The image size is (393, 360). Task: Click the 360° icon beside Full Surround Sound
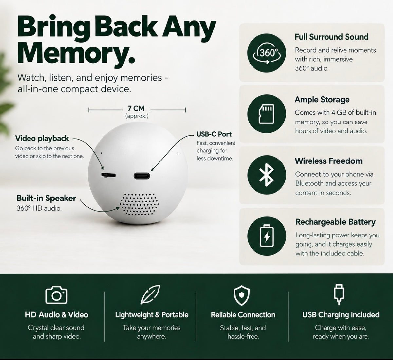coord(267,53)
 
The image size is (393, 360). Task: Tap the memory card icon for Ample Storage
coord(267,114)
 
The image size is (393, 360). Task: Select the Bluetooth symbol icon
coord(267,175)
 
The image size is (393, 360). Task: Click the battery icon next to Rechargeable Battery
coord(267,236)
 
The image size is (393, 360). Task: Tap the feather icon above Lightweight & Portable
coord(150,294)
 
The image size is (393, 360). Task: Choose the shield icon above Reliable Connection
coord(241,295)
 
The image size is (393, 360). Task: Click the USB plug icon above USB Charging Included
coord(339,294)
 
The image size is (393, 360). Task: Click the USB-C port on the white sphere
coord(142,176)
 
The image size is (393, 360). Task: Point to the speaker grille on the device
coord(139,204)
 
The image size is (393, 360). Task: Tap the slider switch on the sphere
coord(108,175)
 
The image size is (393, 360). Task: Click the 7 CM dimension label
coord(136,108)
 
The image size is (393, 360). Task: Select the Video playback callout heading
coord(42,138)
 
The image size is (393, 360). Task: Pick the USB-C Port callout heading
coord(214,134)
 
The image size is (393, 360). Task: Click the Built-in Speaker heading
coord(46,198)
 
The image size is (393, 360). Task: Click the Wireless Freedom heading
coord(328,161)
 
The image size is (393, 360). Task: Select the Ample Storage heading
coord(322,100)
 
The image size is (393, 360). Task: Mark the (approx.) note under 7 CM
coord(137,116)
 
